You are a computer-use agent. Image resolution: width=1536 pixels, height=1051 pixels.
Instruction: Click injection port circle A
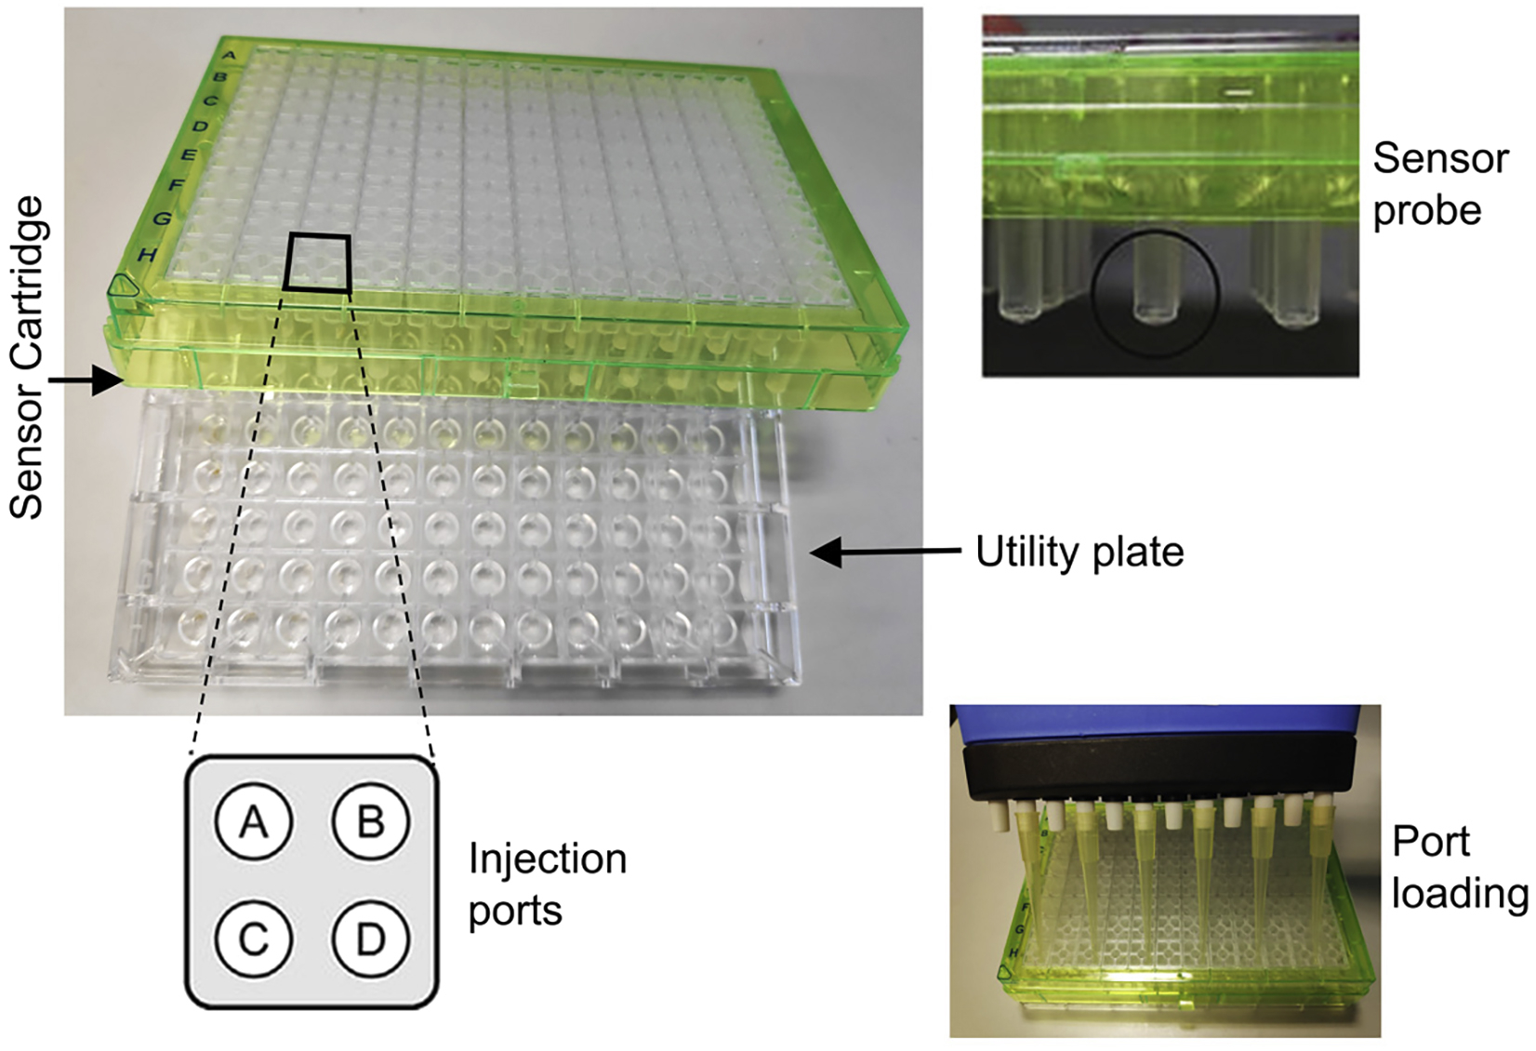point(253,822)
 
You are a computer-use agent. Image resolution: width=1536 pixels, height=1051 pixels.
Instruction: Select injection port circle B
point(371,822)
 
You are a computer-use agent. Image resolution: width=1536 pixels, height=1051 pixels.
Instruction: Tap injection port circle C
point(253,939)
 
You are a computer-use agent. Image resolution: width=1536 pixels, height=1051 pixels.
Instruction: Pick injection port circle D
point(371,939)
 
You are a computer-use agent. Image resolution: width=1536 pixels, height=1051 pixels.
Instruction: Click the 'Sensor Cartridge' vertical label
point(26,356)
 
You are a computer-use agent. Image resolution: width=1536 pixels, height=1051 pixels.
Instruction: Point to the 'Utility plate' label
point(1079,552)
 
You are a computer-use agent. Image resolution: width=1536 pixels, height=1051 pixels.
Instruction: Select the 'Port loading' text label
point(1458,867)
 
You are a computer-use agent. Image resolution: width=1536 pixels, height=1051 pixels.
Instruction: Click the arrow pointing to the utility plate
point(883,552)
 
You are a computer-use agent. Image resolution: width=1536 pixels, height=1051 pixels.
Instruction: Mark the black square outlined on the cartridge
point(317,261)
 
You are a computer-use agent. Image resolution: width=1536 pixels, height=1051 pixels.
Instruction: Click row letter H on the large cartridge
point(146,254)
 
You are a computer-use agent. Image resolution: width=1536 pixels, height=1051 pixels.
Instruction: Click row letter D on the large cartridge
point(199,125)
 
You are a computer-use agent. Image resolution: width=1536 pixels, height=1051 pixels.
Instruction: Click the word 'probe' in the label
point(1426,210)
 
